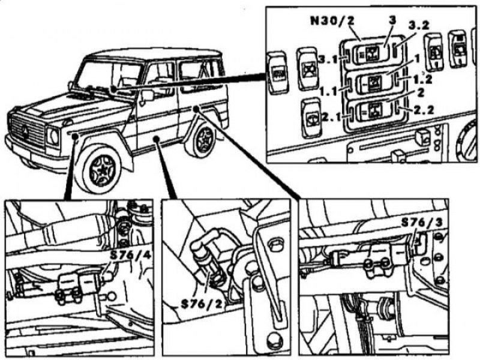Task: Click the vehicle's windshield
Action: [111, 76]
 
